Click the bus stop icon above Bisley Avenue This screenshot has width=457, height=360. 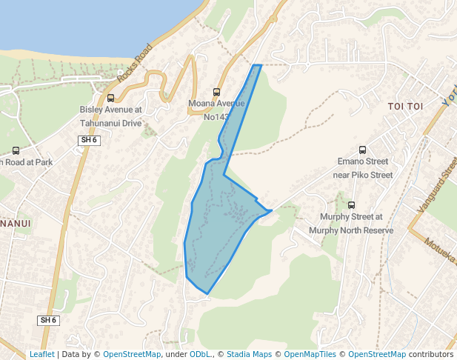(x=111, y=98)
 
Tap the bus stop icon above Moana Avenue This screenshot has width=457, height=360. (x=216, y=92)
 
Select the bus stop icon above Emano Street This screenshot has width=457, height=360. (x=362, y=150)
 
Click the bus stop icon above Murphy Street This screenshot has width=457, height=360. (x=351, y=205)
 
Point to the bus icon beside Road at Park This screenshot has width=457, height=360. (x=16, y=150)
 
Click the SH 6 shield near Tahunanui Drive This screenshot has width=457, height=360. (x=89, y=139)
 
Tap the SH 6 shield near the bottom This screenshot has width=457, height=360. (x=48, y=320)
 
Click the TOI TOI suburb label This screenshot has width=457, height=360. (x=405, y=107)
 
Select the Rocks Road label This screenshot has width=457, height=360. (x=134, y=62)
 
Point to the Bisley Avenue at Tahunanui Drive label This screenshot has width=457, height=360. (x=110, y=116)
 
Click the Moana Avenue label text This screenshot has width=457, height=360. (x=216, y=104)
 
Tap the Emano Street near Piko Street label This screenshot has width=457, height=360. (x=362, y=168)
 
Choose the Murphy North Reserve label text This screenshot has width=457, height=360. (x=351, y=230)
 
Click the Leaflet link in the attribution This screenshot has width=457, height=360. (x=41, y=354)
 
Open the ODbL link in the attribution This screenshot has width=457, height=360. (x=200, y=354)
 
